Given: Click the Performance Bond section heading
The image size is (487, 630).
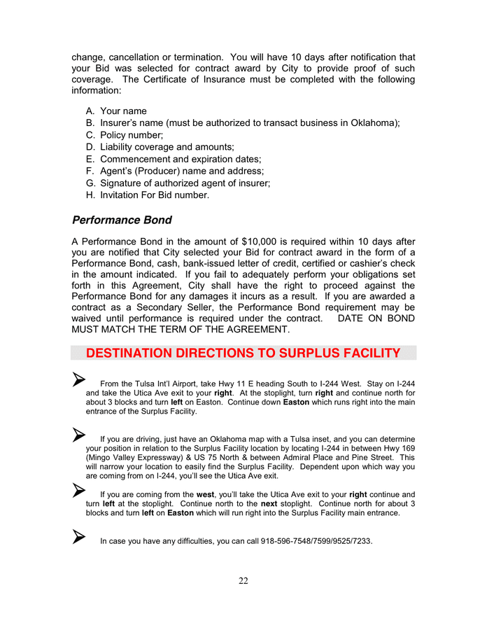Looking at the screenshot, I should [122, 220].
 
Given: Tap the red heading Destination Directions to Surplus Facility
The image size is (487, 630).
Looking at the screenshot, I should [243, 353].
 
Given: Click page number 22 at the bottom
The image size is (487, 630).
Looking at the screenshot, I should [243, 580].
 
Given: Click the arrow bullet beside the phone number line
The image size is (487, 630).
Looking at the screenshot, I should [78, 537].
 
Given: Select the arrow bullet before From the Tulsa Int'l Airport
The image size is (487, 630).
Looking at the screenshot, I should [78, 379].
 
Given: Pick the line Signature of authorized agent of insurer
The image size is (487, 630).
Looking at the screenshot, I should [185, 183].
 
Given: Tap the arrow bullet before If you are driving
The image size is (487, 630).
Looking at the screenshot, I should [78, 435].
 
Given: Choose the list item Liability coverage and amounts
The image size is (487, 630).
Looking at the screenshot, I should [167, 147].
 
